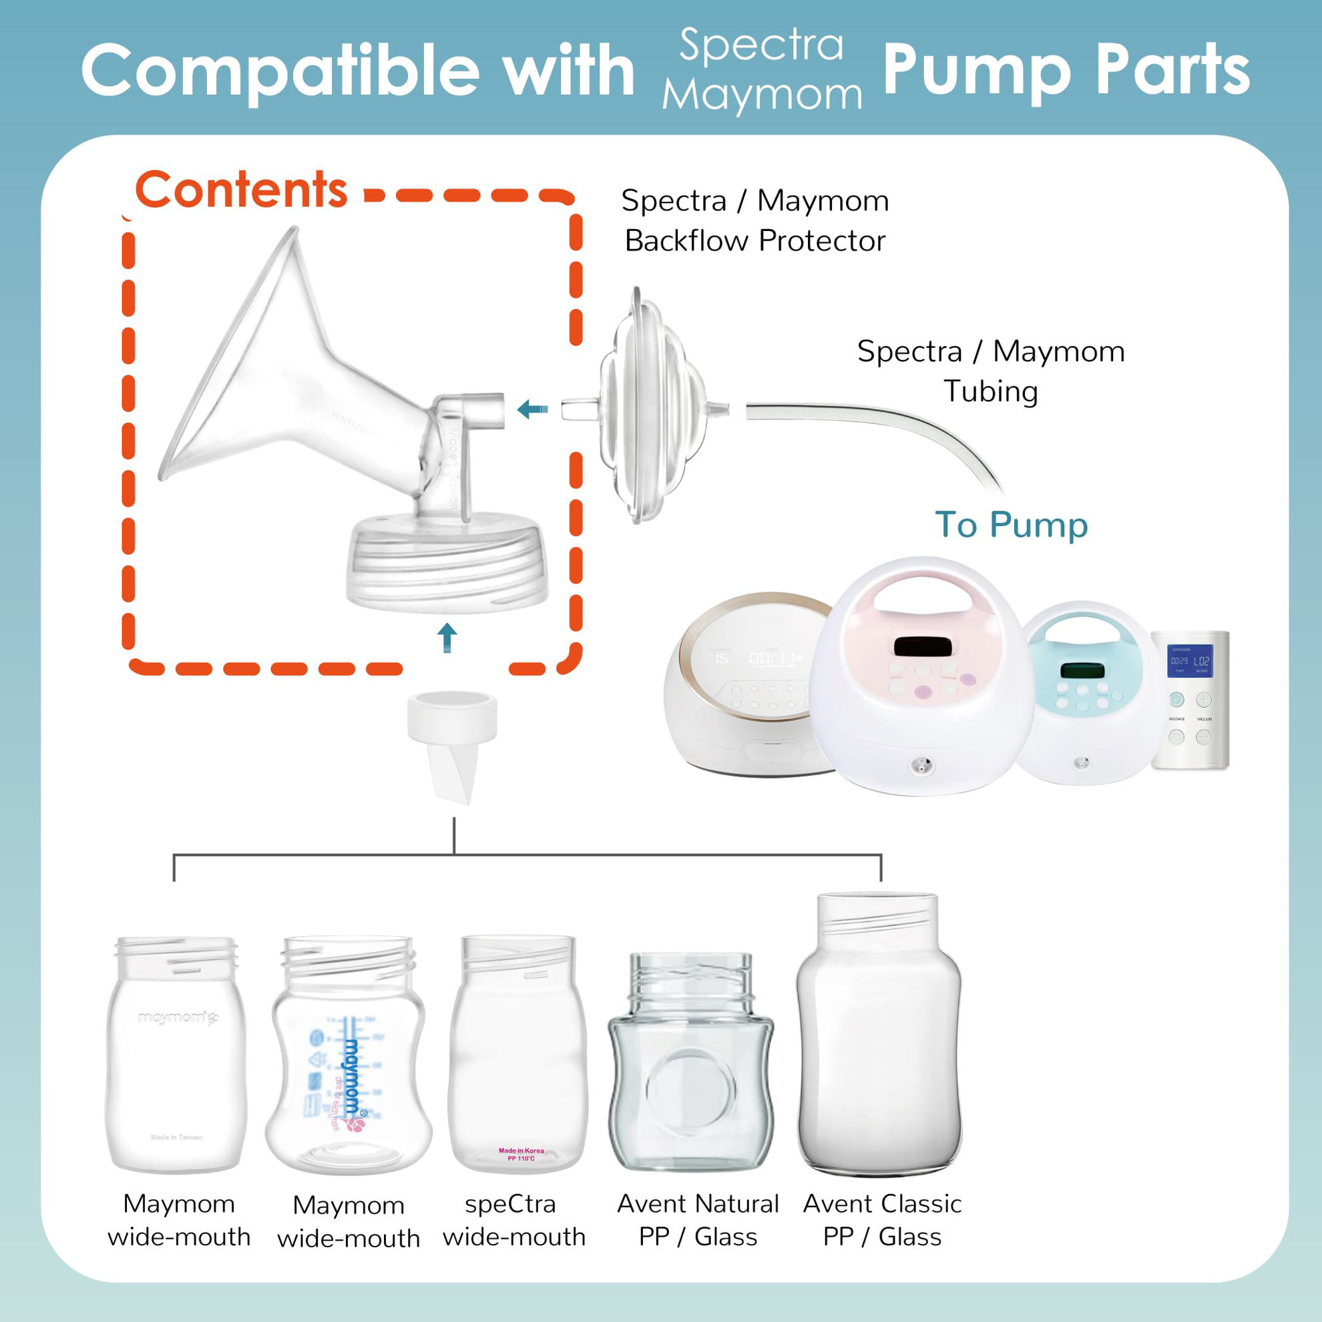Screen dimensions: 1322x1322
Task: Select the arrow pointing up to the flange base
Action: (447, 637)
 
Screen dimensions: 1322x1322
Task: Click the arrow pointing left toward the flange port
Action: (532, 410)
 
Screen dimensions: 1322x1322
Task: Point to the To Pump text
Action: (1011, 525)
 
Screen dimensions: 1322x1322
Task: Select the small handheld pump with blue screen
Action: (1190, 698)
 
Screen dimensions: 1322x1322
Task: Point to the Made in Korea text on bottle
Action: (521, 1150)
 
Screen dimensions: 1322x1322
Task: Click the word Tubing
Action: (990, 391)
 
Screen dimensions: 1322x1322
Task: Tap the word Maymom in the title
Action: (761, 94)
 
